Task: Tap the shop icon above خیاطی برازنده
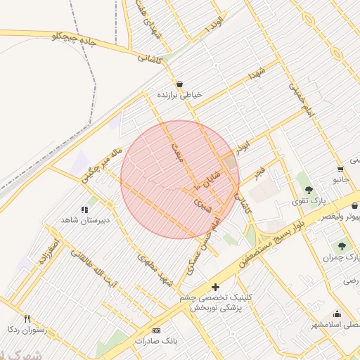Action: [180, 83]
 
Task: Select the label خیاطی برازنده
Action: [179, 94]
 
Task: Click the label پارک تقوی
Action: [307, 202]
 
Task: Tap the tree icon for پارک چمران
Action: [342, 246]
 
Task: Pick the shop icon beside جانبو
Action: [340, 169]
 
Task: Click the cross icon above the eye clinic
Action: [215, 287]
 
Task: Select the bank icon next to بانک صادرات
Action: [156, 330]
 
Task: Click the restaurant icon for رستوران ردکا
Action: [27, 318]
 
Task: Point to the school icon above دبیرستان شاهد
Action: [84, 209]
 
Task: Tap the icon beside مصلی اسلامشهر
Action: [337, 314]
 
